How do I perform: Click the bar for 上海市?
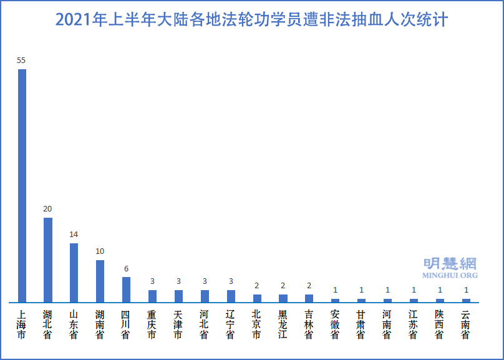coord(22,186)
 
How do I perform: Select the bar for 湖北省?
coord(47,260)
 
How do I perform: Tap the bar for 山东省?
coord(74,273)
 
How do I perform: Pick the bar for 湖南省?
coord(100,281)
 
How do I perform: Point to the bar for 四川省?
coord(126,289)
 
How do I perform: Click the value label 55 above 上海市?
coord(21,61)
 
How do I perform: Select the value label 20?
coord(47,209)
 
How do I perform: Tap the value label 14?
coord(74,235)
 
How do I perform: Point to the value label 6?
coord(126,269)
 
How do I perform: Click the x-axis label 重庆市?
coord(152,324)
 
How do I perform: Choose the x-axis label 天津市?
coord(178,324)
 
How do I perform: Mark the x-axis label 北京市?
coord(257,324)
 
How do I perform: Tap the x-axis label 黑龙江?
coord(283,324)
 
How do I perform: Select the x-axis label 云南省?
coord(466,324)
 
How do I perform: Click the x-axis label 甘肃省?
coord(361,324)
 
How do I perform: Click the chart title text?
coord(251,20)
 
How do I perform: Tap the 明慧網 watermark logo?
coord(450,263)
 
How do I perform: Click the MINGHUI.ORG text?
coord(450,275)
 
